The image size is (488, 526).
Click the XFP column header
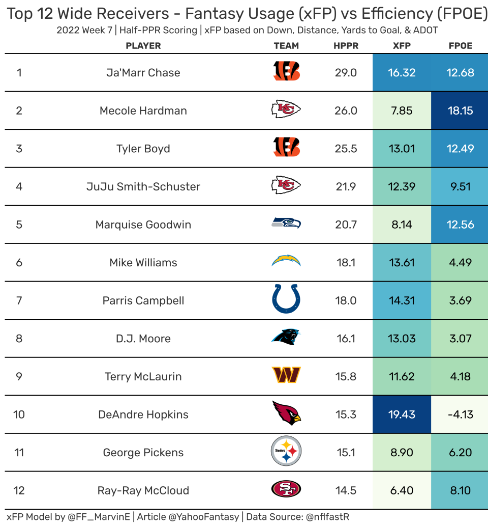(402, 46)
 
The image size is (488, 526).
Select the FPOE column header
(460, 46)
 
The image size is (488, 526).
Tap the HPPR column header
(346, 46)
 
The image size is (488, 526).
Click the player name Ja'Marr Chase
(143, 73)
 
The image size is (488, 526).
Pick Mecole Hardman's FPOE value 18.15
(460, 110)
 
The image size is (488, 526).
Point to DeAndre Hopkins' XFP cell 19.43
(402, 414)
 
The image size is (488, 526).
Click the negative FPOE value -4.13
(460, 414)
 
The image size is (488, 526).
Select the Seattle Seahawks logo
(286, 225)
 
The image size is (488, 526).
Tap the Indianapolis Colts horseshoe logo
(286, 300)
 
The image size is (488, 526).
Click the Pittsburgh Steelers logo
(286, 452)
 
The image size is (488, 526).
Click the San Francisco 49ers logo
(286, 490)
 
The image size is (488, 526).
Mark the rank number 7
(19, 300)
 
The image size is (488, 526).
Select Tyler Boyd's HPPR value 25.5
(346, 149)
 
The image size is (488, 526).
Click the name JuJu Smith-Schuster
(143, 187)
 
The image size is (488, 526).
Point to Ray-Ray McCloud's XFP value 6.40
(402, 490)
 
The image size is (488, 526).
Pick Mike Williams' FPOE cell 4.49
(460, 263)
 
